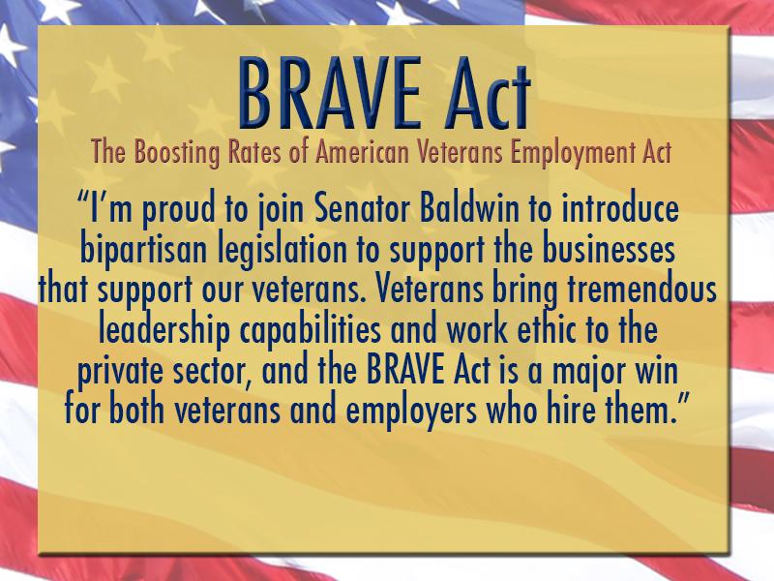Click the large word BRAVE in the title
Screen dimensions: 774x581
[330, 93]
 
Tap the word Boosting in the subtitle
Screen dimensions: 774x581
[177, 152]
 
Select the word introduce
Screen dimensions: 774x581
[620, 209]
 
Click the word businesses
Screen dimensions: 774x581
[609, 250]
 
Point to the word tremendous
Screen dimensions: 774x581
[641, 290]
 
